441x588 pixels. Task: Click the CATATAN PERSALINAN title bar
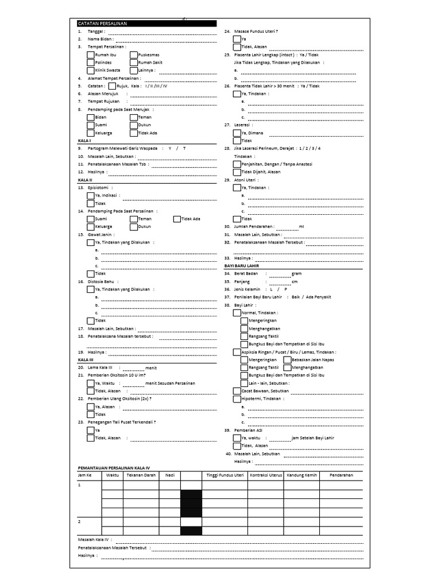(146, 24)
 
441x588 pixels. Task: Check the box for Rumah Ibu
(91, 55)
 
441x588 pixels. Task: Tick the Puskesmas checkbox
(134, 55)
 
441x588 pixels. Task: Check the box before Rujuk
(112, 86)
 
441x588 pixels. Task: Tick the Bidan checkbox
(91, 117)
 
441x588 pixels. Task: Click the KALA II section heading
(84, 180)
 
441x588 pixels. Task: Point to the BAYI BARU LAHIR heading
(241, 266)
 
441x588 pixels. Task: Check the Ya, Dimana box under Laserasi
(237, 133)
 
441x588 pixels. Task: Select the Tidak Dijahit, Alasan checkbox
(237, 172)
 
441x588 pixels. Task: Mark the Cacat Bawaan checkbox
(237, 390)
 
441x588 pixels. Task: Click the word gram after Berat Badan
(296, 274)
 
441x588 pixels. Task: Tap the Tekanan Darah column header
(141, 475)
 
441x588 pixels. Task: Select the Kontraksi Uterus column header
(265, 475)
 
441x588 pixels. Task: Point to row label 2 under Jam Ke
(80, 522)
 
